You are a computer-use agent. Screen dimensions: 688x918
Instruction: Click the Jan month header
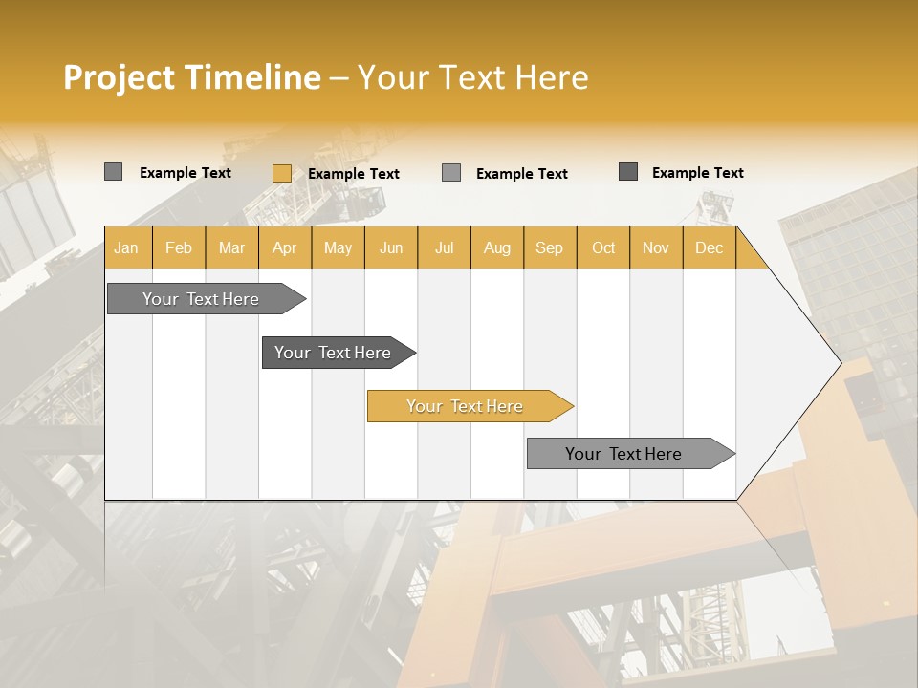[x=126, y=247]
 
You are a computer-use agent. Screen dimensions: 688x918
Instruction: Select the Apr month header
[x=284, y=247]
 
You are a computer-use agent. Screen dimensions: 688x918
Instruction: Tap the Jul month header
[x=444, y=247]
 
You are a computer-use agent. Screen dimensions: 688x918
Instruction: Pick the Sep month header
[x=549, y=247]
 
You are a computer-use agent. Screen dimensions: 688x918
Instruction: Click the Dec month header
[x=709, y=247]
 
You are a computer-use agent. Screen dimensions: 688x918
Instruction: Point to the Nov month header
[x=655, y=247]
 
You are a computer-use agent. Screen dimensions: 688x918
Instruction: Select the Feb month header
[x=179, y=247]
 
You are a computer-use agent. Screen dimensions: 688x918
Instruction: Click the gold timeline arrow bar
[x=469, y=406]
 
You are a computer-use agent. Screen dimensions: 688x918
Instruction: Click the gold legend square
[x=281, y=173]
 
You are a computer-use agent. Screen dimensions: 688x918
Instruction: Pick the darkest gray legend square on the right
[x=628, y=172]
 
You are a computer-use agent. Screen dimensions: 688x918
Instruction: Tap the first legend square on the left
[x=113, y=172]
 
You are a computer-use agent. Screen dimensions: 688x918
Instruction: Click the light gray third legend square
[x=451, y=173]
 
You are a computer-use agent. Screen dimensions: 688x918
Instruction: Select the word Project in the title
[x=119, y=77]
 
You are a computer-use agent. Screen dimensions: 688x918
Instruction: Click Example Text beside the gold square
[x=354, y=174]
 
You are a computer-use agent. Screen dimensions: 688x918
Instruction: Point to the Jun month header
[x=391, y=247]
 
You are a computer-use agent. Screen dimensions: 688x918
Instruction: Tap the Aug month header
[x=496, y=247]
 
